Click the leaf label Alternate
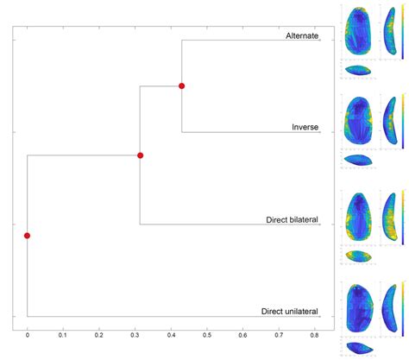[x=302, y=36]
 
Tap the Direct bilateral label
[x=293, y=220]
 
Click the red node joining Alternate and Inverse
[x=181, y=85]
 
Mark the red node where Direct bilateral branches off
[x=140, y=155]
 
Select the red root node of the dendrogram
[x=28, y=235]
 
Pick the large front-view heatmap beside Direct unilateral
[x=358, y=308]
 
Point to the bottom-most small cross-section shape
[x=357, y=348]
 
